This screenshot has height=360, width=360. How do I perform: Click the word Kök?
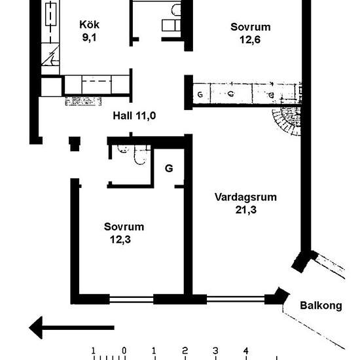click(89, 25)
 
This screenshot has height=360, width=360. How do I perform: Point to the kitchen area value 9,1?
click(89, 37)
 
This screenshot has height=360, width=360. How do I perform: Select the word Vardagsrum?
click(245, 197)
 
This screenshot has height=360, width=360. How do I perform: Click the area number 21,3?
click(245, 209)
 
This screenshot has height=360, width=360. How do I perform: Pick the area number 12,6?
click(250, 39)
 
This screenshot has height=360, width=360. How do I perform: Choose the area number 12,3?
click(120, 239)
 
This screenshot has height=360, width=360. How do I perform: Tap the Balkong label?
click(321, 306)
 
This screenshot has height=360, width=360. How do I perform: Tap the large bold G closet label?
click(169, 168)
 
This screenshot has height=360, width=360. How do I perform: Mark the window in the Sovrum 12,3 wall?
click(132, 300)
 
